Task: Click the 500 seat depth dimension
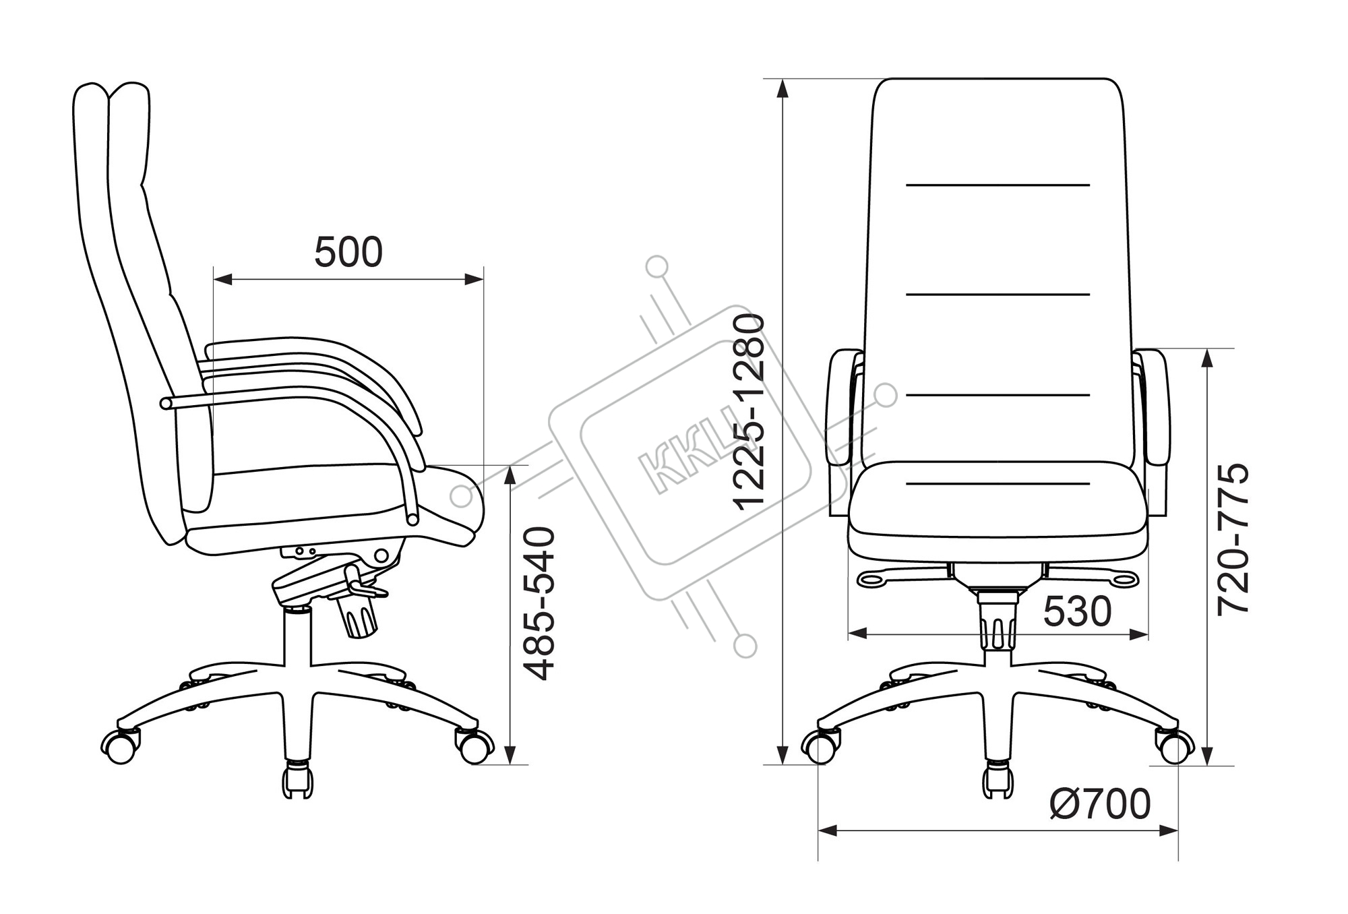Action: [348, 252]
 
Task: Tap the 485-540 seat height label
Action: [540, 604]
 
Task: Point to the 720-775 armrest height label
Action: [1233, 539]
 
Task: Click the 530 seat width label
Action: [1077, 612]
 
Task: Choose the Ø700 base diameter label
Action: [1100, 804]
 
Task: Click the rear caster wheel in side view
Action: [121, 745]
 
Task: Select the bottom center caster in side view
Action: [297, 780]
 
